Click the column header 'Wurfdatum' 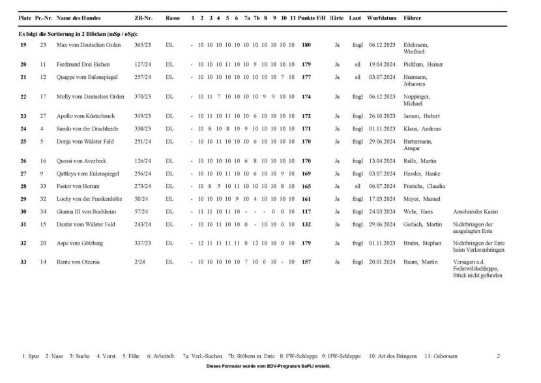click(x=381, y=18)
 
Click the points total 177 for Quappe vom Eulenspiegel click(x=306, y=76)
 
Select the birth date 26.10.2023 click(x=381, y=116)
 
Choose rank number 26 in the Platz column click(x=23, y=161)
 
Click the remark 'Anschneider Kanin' click(x=475, y=211)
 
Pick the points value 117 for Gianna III click(x=306, y=211)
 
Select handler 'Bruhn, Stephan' click(x=423, y=243)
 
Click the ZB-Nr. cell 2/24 click(x=139, y=262)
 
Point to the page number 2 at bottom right click(x=498, y=356)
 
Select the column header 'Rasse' click(x=173, y=18)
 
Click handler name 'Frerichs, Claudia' click(x=426, y=186)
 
